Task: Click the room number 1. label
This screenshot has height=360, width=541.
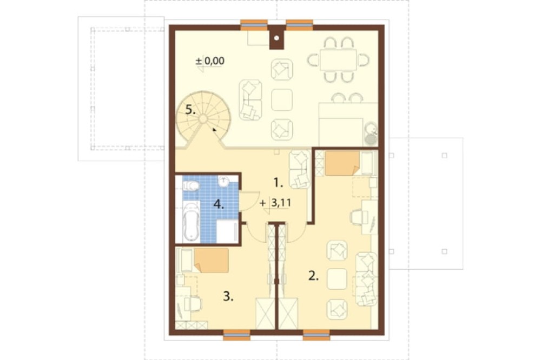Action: [278, 183]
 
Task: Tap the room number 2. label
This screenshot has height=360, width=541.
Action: [313, 276]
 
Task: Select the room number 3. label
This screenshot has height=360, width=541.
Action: [228, 296]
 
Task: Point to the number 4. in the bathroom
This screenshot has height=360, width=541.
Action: [219, 204]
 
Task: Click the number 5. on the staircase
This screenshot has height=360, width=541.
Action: [190, 110]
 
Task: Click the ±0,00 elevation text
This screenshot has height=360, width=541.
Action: [210, 61]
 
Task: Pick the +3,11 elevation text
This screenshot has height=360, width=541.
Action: [275, 203]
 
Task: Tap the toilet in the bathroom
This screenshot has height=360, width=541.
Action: [190, 186]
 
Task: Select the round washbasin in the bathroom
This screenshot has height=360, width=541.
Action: [224, 181]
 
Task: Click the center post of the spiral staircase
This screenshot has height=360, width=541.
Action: [203, 119]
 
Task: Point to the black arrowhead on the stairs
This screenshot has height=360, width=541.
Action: [215, 130]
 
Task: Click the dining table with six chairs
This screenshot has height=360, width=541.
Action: [338, 60]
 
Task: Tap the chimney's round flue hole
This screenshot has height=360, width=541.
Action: [276, 38]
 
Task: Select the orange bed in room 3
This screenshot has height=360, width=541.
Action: [211, 261]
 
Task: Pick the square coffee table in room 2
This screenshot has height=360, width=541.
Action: [337, 278]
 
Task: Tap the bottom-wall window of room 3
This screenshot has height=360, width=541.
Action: [237, 335]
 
